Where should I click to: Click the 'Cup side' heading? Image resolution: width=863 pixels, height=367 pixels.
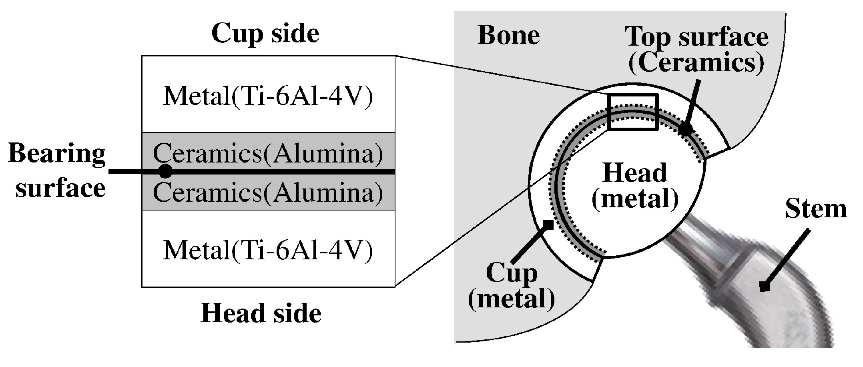click(265, 33)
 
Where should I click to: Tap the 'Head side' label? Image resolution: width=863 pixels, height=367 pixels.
click(261, 313)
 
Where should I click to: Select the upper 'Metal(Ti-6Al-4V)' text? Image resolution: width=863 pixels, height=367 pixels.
click(268, 96)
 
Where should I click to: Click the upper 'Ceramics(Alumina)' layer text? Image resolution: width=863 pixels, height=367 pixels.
click(268, 153)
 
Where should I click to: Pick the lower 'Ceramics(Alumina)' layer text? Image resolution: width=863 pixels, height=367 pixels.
click(268, 192)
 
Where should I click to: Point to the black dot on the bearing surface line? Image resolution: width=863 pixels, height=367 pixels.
click(165, 171)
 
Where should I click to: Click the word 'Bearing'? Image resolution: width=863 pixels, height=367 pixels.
click(57, 154)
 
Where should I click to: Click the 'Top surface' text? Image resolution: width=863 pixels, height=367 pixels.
click(696, 37)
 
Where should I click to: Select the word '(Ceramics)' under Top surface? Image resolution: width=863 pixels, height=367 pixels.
click(696, 63)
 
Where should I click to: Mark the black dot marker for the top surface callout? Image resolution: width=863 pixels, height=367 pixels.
click(686, 129)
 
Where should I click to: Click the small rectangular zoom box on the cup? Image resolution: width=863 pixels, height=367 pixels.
click(632, 112)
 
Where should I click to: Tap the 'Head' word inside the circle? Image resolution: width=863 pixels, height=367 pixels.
click(634, 173)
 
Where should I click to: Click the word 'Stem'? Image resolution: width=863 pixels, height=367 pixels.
click(815, 209)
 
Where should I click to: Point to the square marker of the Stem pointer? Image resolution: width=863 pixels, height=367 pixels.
click(765, 287)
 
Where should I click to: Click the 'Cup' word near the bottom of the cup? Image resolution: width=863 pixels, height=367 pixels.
click(511, 273)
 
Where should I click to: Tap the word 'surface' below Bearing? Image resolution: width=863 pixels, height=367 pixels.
click(60, 188)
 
